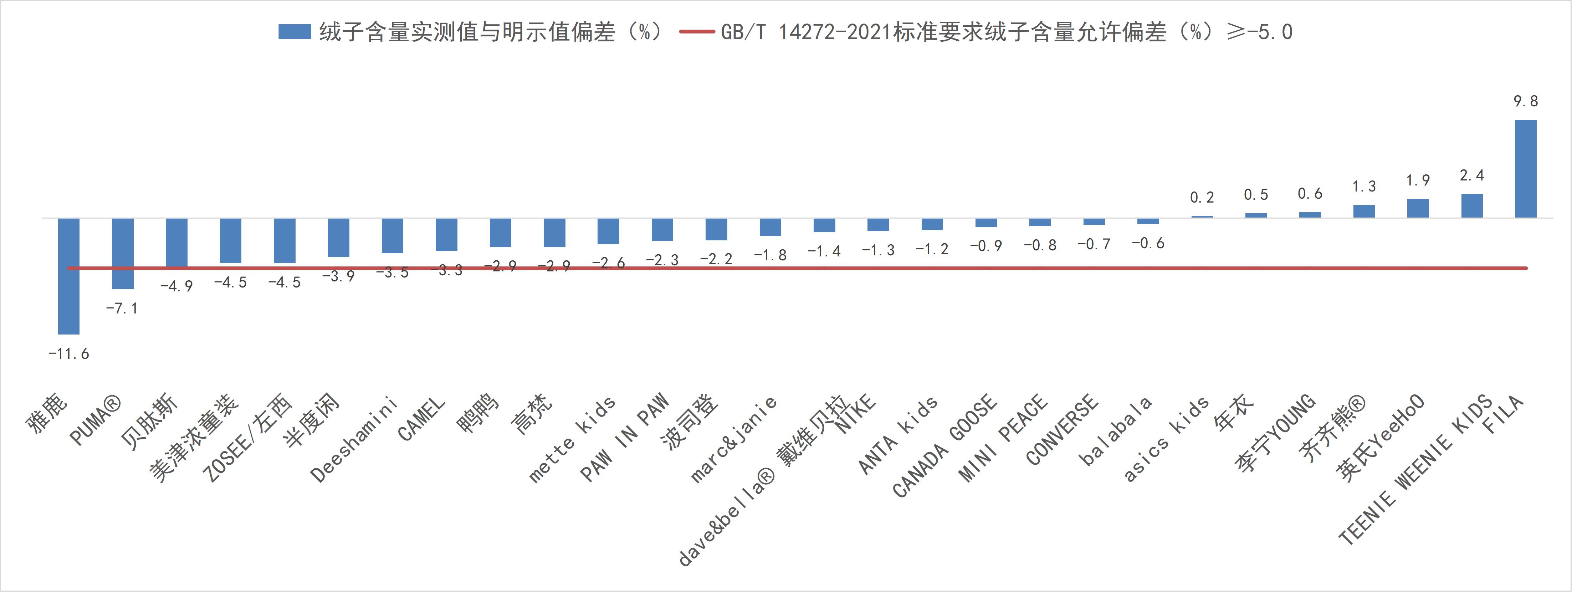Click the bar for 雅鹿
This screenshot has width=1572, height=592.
coord(68,276)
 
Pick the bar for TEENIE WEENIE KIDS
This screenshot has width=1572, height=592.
coord(1471,206)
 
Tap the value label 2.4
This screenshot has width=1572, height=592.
coord(1471,176)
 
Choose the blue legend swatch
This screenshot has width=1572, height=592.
coord(295,32)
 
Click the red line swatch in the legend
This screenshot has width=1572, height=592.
coord(696,32)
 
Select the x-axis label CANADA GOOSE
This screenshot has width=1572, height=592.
coord(945,445)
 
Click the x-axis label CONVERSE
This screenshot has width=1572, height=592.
coord(1062,430)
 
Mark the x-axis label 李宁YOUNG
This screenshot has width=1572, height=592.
coord(1275,433)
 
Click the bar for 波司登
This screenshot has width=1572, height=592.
coord(716,229)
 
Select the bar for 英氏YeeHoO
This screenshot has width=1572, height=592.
coord(1418,208)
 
